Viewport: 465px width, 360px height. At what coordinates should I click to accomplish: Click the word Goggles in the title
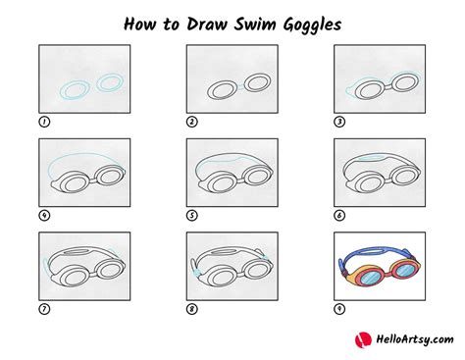click(x=312, y=26)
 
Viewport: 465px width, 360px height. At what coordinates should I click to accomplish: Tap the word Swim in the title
click(x=255, y=24)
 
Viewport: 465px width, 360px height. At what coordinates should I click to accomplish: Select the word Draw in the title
click(x=207, y=24)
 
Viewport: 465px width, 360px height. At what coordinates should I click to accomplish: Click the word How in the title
click(x=139, y=24)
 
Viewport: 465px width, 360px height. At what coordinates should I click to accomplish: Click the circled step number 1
click(x=44, y=122)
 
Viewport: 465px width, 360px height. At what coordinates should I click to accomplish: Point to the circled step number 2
click(x=192, y=122)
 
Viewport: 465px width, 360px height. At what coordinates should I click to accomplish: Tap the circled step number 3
click(x=339, y=122)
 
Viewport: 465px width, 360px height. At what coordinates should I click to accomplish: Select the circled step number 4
click(x=44, y=216)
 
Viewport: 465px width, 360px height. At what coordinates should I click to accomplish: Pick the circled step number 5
click(x=192, y=216)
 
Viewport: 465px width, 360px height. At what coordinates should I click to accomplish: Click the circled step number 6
click(x=339, y=216)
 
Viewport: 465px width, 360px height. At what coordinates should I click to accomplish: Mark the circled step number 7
click(x=44, y=309)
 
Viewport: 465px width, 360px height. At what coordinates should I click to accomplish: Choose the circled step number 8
click(x=192, y=309)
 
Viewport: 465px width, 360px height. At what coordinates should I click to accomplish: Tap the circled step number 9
click(x=339, y=309)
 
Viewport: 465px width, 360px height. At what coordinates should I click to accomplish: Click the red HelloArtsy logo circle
click(x=363, y=340)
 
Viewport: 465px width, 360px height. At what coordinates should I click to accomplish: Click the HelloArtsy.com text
click(x=415, y=339)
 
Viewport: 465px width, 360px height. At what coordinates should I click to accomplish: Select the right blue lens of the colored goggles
click(x=405, y=270)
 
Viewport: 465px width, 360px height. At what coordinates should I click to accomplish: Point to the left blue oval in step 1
click(x=75, y=90)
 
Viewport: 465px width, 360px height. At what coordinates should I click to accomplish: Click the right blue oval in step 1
click(x=110, y=82)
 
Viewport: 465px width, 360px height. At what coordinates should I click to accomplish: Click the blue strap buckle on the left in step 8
click(x=196, y=273)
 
